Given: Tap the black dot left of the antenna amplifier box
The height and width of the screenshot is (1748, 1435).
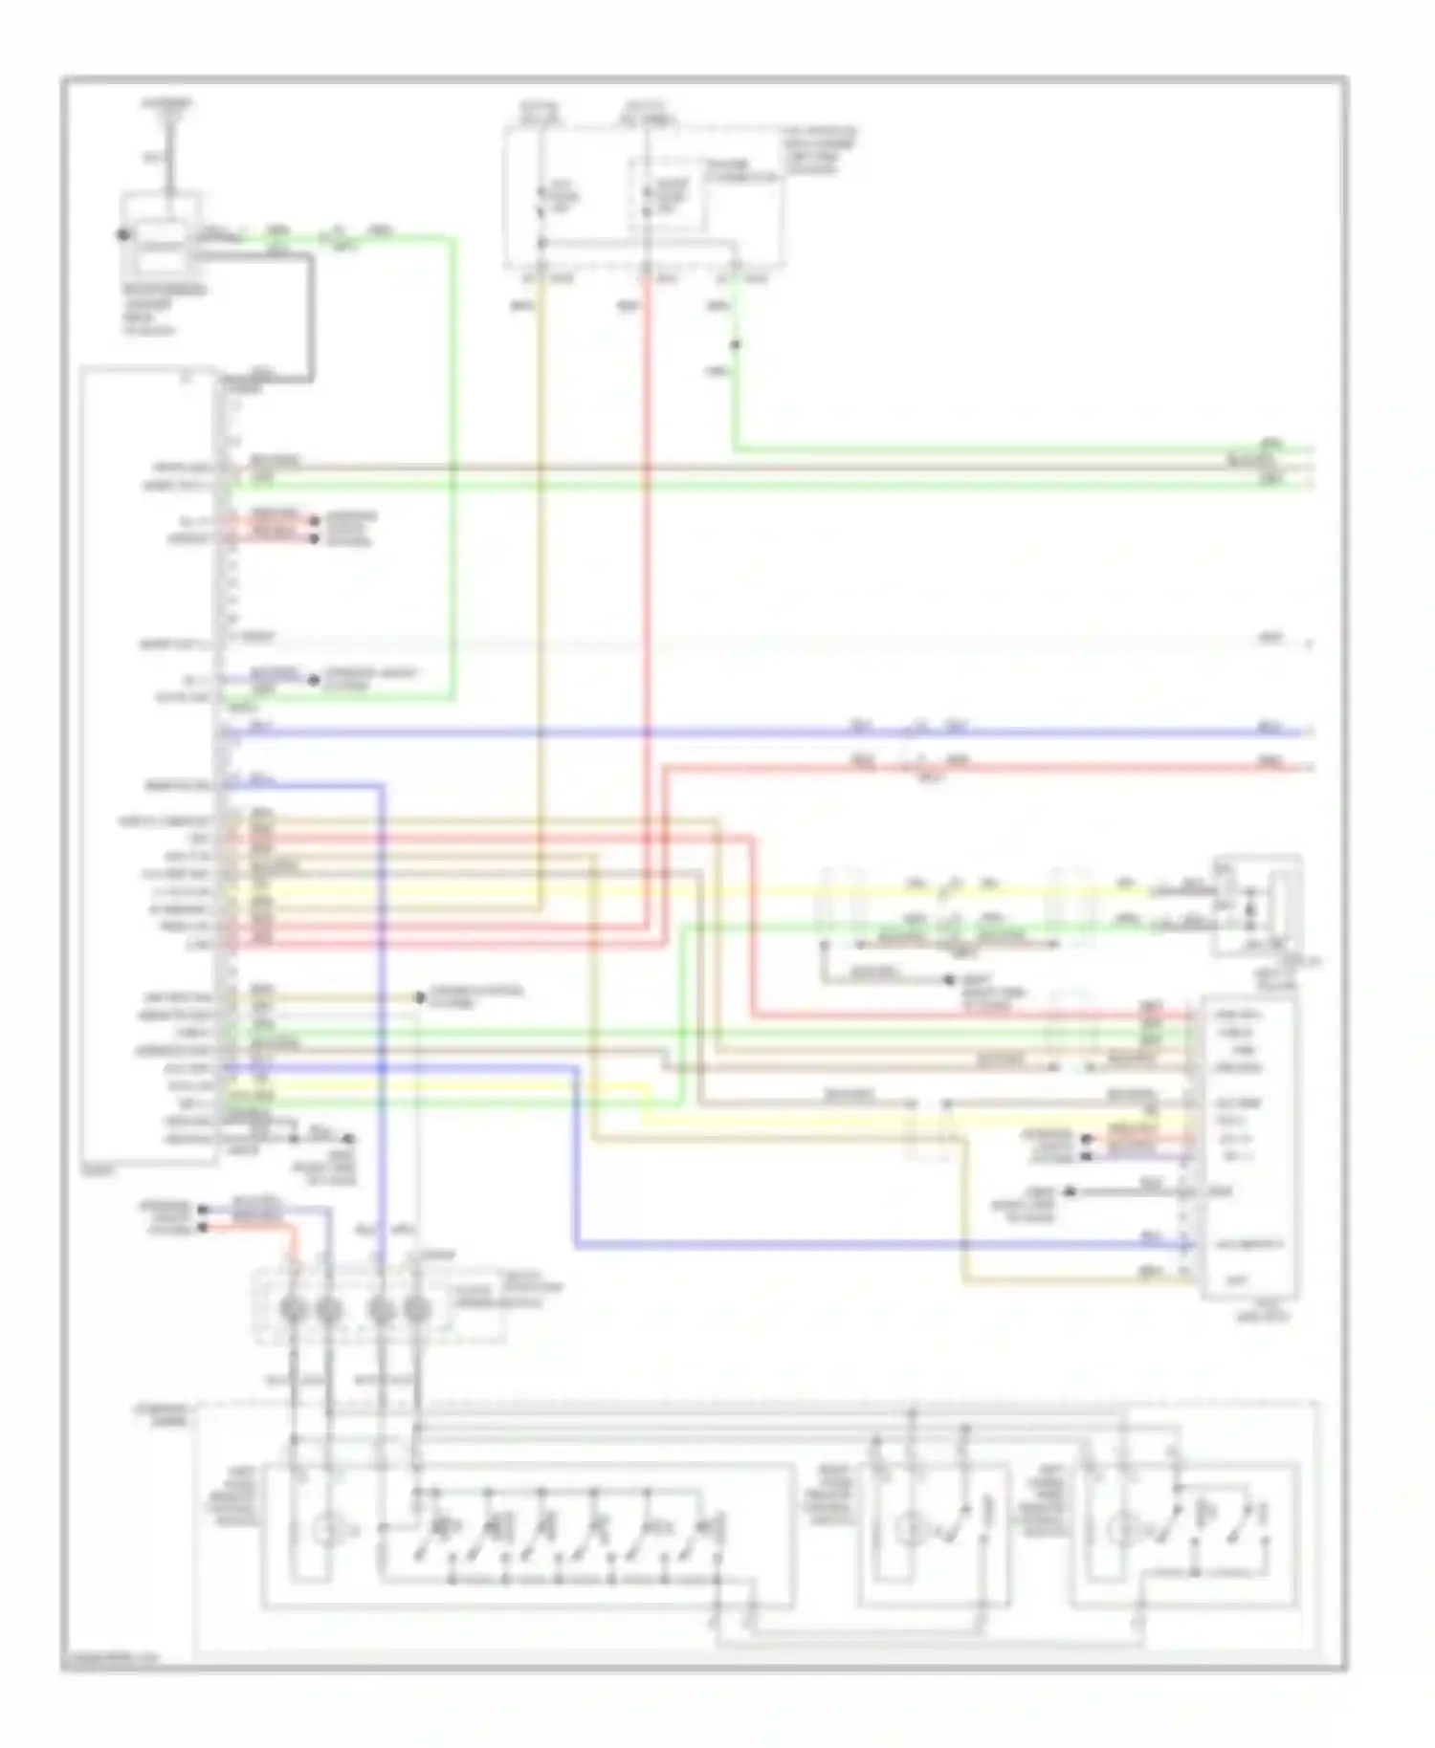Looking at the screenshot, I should (122, 234).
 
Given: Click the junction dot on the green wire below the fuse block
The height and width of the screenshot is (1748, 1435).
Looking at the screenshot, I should (735, 345).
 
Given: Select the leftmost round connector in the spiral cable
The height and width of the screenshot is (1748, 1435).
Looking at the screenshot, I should (294, 1309).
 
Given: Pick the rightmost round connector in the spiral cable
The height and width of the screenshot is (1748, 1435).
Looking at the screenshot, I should (416, 1309).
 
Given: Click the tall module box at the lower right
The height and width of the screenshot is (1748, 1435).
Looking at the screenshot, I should (1248, 1147).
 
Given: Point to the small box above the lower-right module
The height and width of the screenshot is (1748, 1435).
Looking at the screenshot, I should (1257, 904).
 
